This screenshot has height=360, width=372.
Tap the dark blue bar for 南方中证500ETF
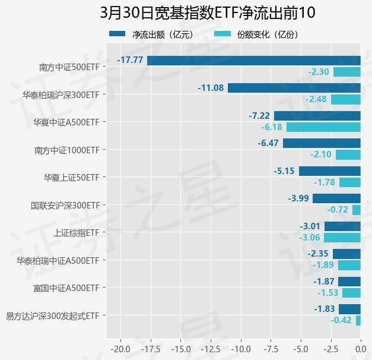[254, 60]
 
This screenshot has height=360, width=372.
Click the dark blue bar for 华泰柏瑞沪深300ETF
[294, 88]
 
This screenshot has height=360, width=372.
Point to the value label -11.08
[211, 88]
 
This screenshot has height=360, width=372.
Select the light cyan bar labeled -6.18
[323, 127]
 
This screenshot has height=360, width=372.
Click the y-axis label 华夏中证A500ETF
[66, 122]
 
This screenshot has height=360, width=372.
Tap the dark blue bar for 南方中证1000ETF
[322, 143]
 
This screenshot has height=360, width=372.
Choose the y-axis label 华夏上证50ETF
[71, 177]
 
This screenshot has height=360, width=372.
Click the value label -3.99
[298, 198]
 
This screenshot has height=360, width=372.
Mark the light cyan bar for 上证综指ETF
[342, 238]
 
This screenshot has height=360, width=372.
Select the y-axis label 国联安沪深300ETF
[65, 205]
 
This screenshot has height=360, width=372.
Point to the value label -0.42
[342, 320]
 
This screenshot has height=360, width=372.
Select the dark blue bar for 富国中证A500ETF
[349, 281]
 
